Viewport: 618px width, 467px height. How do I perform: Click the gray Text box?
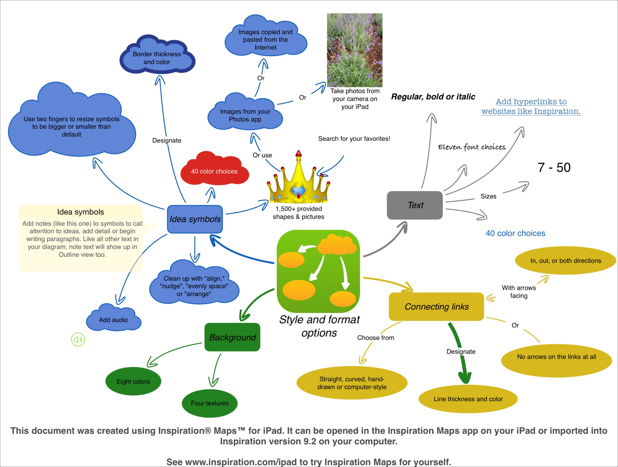(415, 205)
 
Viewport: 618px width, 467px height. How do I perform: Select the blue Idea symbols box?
(195, 219)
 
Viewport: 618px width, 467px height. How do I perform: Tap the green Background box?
(232, 337)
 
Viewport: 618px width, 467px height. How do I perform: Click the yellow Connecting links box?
(436, 307)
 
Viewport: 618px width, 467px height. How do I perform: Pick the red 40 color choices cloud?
(214, 171)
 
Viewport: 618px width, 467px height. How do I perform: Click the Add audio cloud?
(113, 320)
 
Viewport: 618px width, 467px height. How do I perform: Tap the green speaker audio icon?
(78, 340)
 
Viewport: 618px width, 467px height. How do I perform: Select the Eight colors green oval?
(133, 381)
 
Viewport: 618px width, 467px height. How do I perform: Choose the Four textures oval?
(210, 403)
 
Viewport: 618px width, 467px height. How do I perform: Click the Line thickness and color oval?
(468, 399)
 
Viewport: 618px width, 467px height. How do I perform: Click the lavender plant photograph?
(355, 50)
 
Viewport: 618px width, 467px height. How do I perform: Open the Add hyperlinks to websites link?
(531, 106)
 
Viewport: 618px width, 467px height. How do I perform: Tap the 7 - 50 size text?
(554, 168)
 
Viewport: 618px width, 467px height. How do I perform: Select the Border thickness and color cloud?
(157, 58)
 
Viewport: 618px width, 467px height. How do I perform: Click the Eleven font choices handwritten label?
(472, 147)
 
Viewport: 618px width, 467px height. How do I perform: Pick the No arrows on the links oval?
(556, 357)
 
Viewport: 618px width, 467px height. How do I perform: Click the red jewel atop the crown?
(298, 153)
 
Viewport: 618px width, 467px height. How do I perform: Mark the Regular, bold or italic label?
(433, 97)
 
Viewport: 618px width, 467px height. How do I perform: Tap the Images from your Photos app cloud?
(245, 115)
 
